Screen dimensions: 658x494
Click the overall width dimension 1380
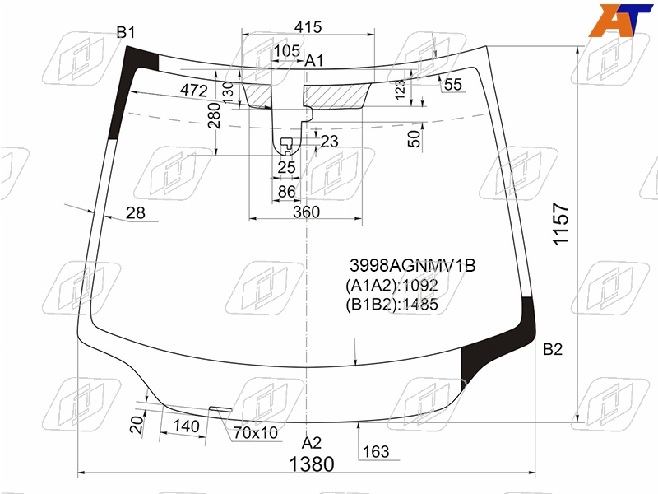tap(312, 464)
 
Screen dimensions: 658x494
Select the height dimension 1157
tap(561, 224)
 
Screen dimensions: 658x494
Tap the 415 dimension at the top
tap(308, 27)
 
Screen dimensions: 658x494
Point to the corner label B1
tap(126, 32)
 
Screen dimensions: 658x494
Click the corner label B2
tap(552, 349)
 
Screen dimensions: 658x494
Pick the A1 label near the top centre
tap(314, 61)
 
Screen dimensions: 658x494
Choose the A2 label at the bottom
tap(312, 443)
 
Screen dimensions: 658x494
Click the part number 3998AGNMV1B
tap(413, 265)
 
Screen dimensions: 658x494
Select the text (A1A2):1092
tap(392, 286)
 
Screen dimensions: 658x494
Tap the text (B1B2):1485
tap(392, 305)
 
